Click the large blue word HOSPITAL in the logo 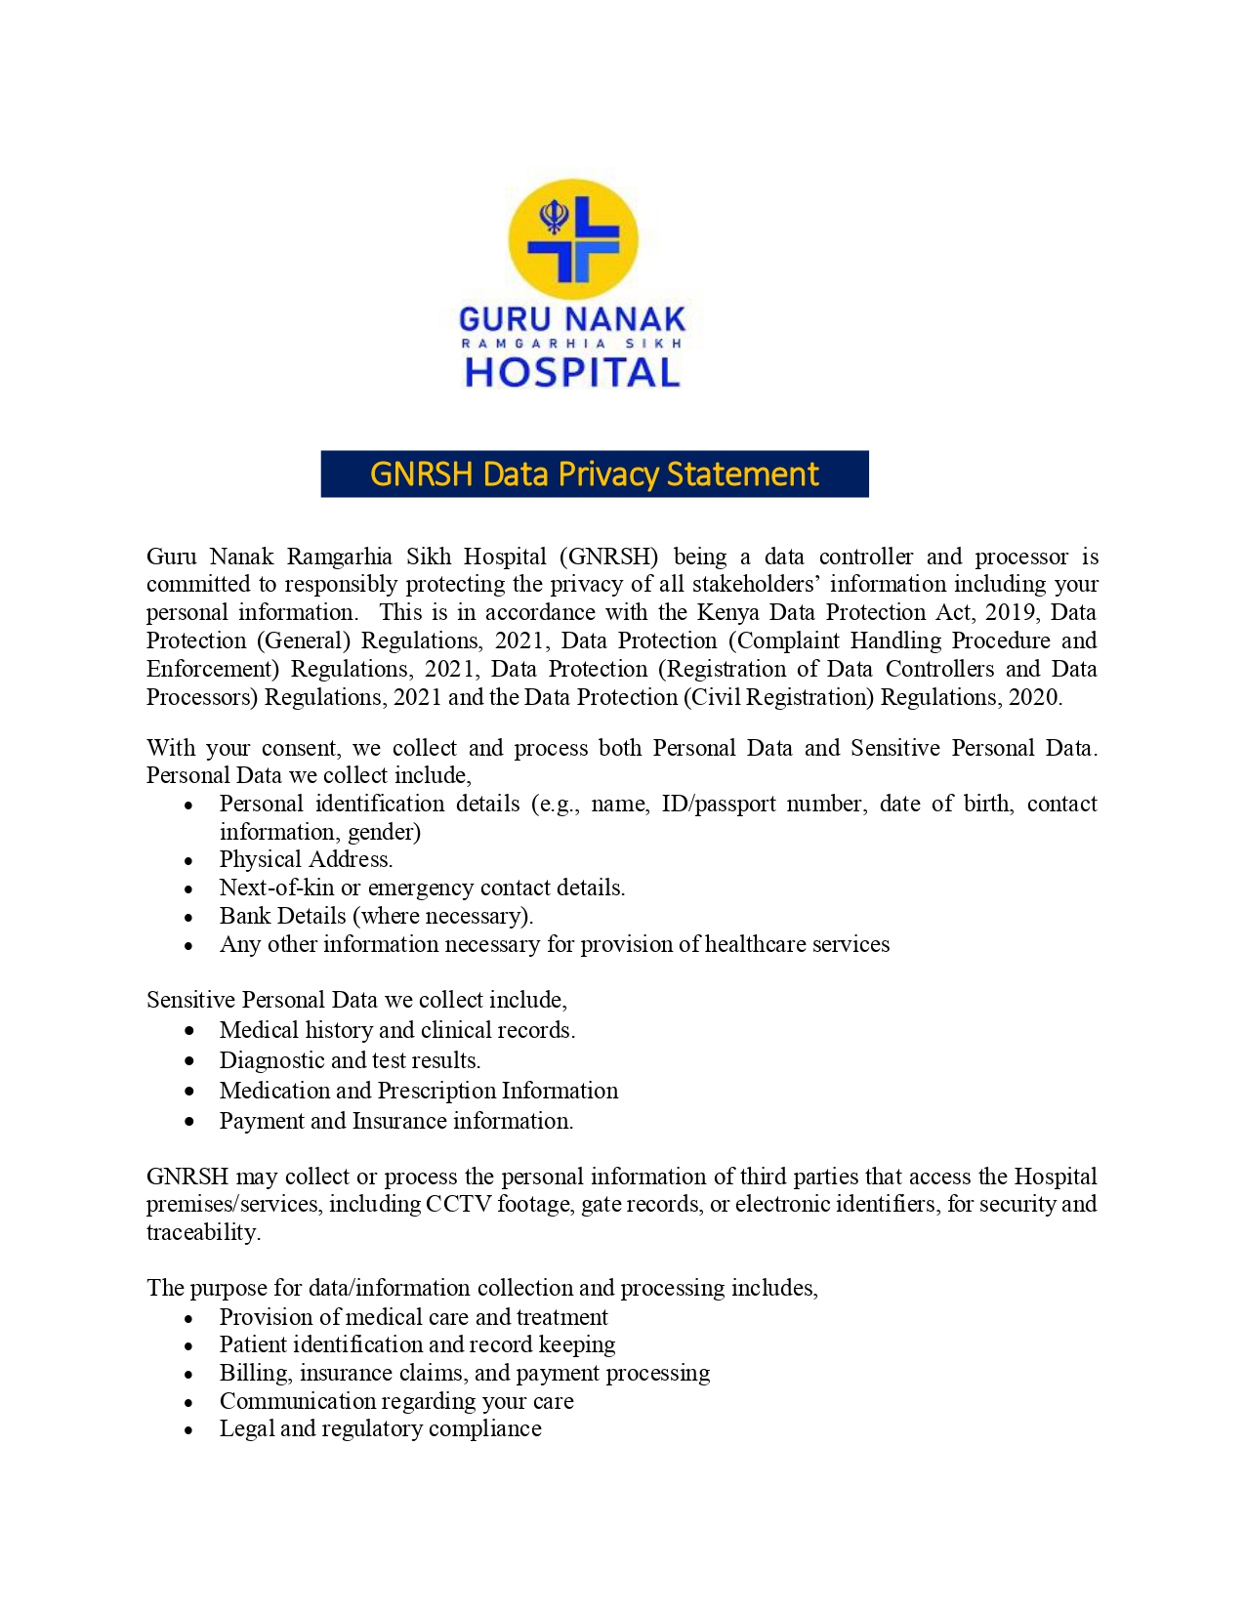pos(572,373)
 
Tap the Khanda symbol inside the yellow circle pos(554,218)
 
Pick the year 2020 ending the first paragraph pos(1034,697)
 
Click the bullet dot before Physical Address pos(189,861)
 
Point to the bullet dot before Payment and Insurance pos(189,1122)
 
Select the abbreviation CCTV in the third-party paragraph pos(458,1204)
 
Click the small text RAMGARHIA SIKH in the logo pos(572,344)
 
